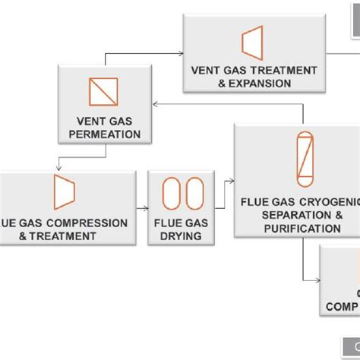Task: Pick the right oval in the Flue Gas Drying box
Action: (194, 192)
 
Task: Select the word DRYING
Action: (181, 235)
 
